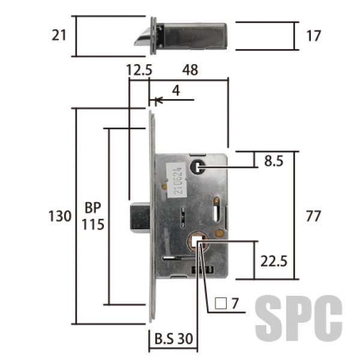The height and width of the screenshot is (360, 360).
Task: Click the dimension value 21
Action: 59,35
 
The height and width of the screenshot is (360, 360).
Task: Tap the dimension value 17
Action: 313,36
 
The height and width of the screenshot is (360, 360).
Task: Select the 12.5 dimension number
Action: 139,70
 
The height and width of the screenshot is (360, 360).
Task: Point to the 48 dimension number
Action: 190,70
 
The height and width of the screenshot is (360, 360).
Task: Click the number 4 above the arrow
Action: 176,91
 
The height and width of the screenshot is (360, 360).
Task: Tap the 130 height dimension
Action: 60,216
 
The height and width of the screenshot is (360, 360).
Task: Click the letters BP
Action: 93,208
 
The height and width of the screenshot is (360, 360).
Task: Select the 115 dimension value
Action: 93,224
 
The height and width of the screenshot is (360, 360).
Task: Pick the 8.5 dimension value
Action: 274,161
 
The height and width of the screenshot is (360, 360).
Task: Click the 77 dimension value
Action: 313,216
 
